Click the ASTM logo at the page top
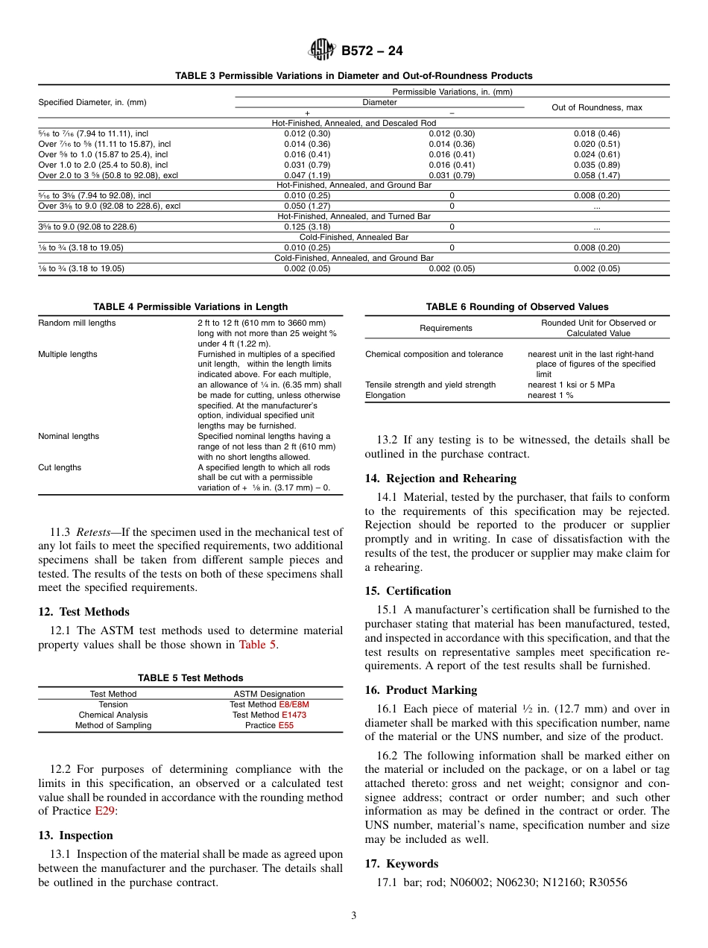click(322, 51)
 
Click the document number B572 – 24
click(372, 51)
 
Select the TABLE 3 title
click(353, 76)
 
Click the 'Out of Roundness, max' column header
click(596, 107)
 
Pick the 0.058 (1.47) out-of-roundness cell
click(596, 175)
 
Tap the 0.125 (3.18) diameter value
click(307, 227)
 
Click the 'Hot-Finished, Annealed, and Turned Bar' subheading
click(353, 216)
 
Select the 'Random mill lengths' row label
click(77, 323)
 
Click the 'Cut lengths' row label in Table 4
click(60, 468)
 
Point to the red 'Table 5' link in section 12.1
click(257, 645)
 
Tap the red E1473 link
click(294, 715)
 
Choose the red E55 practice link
click(286, 725)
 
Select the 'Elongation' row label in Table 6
click(385, 396)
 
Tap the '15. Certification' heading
click(408, 591)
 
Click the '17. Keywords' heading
click(402, 864)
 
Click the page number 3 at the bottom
click(354, 916)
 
